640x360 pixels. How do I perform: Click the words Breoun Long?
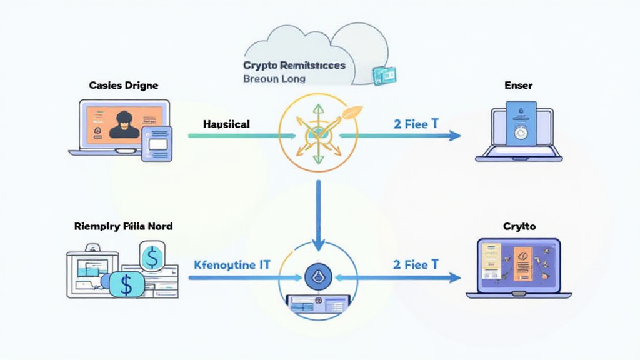click(x=274, y=79)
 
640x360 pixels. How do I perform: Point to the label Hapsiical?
click(x=226, y=124)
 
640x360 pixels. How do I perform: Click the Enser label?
click(x=518, y=86)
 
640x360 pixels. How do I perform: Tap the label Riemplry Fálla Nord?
click(x=123, y=227)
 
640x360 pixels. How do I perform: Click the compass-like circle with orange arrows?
click(x=318, y=132)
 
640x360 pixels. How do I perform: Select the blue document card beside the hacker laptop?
click(x=156, y=142)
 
